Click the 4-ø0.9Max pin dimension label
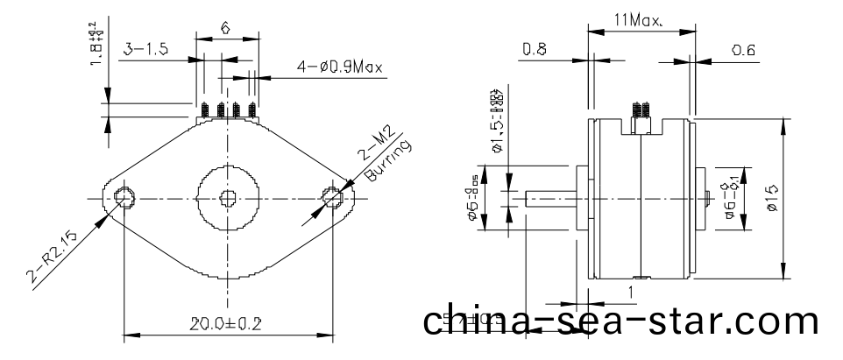point(339,67)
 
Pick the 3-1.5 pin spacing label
point(145,51)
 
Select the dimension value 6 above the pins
point(225,28)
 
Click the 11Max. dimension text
point(639,18)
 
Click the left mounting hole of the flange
point(123,197)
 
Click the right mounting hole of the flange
point(333,197)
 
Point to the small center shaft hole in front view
point(228,197)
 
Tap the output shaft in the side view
point(549,198)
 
